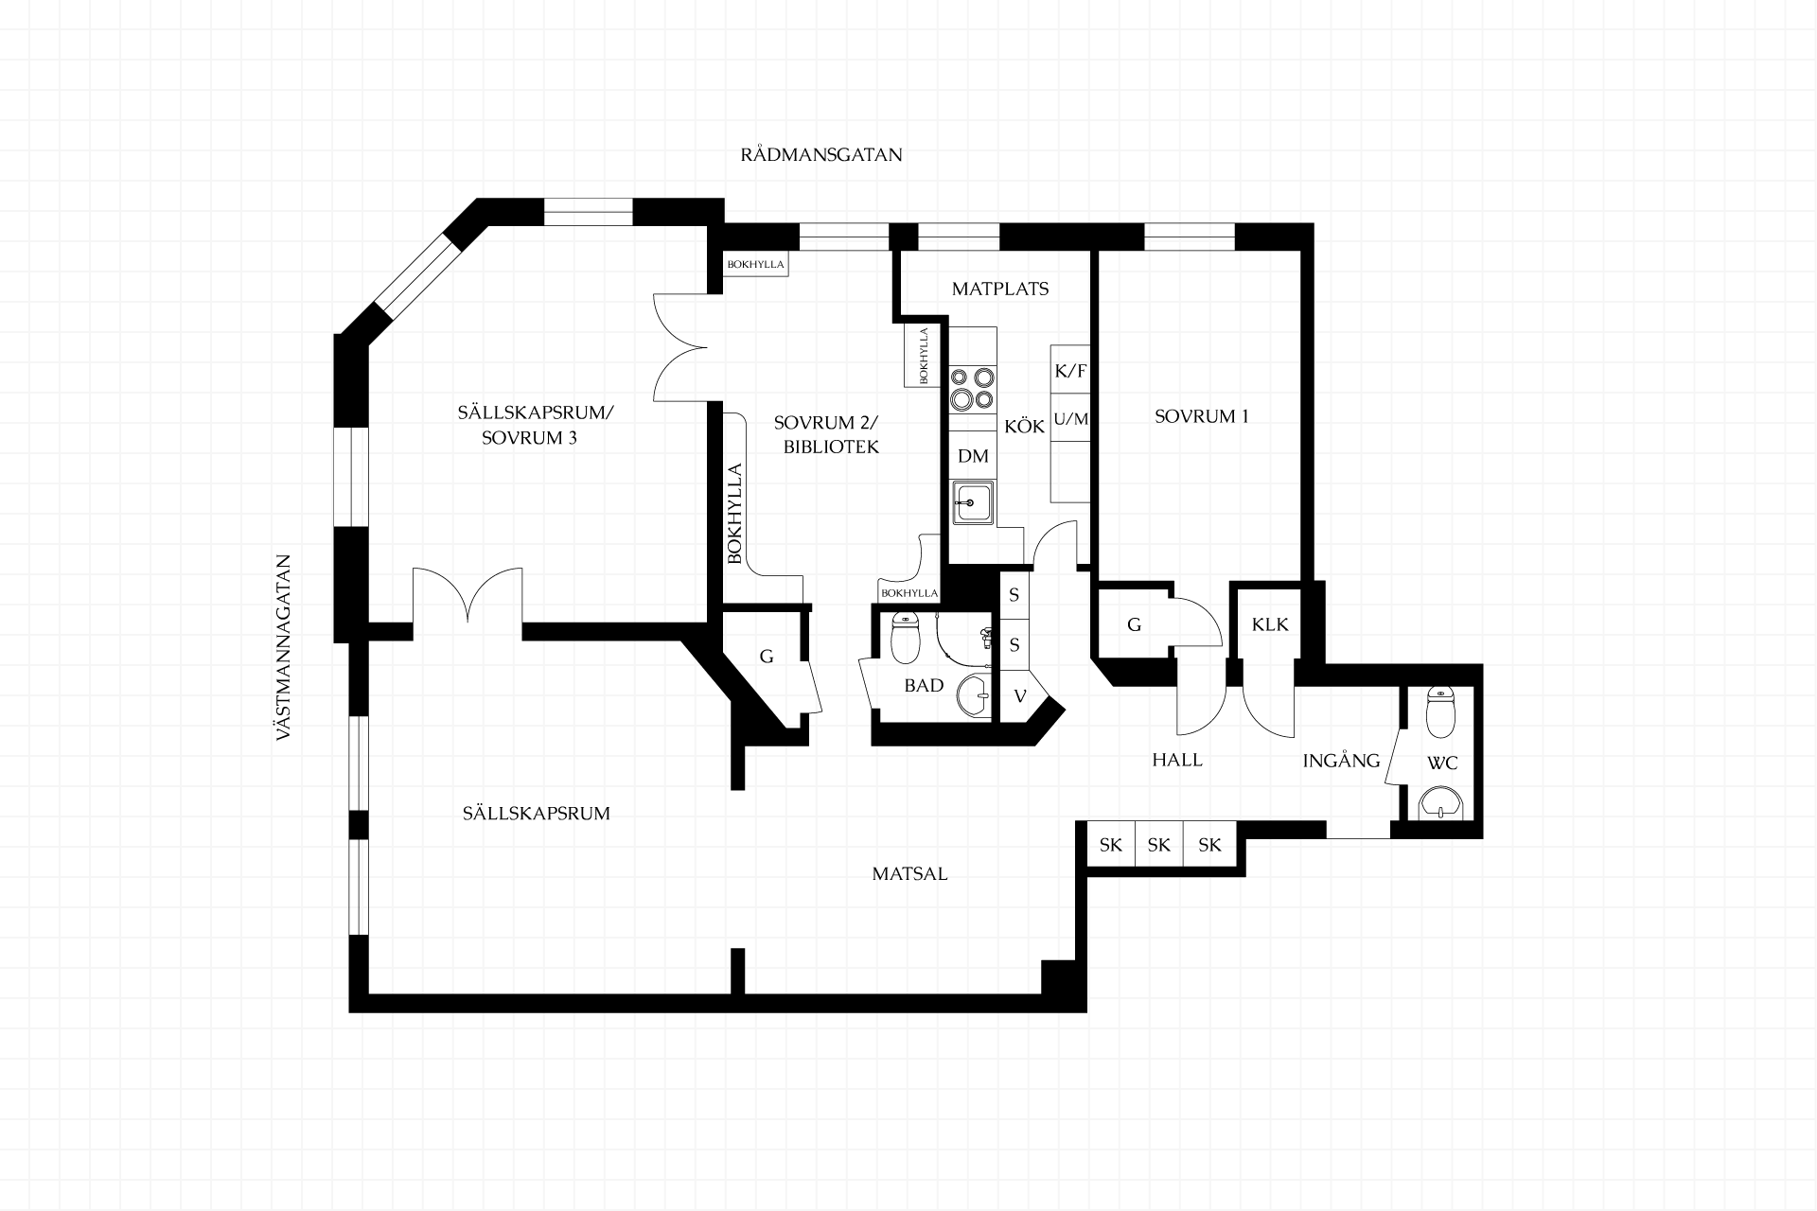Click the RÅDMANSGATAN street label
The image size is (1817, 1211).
tap(820, 155)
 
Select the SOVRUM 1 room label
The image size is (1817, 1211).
tap(1202, 416)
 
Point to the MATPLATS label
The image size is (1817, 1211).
tap(1000, 289)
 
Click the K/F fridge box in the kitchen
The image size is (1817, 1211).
tap(1070, 370)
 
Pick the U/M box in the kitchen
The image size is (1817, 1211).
tap(1070, 418)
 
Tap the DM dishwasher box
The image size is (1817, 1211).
tap(973, 456)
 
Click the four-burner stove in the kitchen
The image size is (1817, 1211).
tap(973, 389)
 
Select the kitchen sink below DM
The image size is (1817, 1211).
tap(973, 501)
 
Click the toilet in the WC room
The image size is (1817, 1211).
tap(1440, 712)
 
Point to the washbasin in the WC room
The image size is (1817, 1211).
tap(1441, 802)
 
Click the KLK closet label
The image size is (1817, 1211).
tap(1270, 624)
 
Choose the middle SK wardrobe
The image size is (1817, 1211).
tap(1159, 845)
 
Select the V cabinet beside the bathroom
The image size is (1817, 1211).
tap(1020, 696)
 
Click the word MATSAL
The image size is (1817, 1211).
tap(909, 874)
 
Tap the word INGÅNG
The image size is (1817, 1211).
tap(1341, 760)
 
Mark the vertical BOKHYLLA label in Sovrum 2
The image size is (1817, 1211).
tap(734, 513)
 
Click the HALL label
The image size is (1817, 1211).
tap(1177, 760)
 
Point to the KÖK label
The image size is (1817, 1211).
tap(1025, 427)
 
